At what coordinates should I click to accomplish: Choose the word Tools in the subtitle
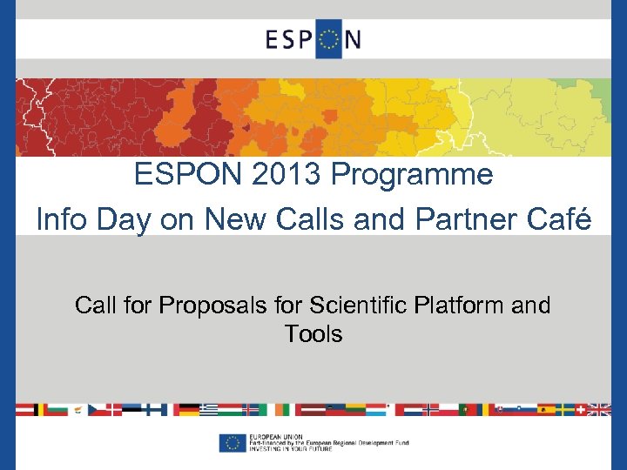pos(313,333)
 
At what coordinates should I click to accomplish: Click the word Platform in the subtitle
pos(461,305)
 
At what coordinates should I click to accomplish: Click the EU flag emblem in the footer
pos(233,443)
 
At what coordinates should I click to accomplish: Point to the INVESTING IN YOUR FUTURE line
pos(293,450)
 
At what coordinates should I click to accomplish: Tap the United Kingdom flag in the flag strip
pos(599,409)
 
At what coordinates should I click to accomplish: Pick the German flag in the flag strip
pos(189,409)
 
